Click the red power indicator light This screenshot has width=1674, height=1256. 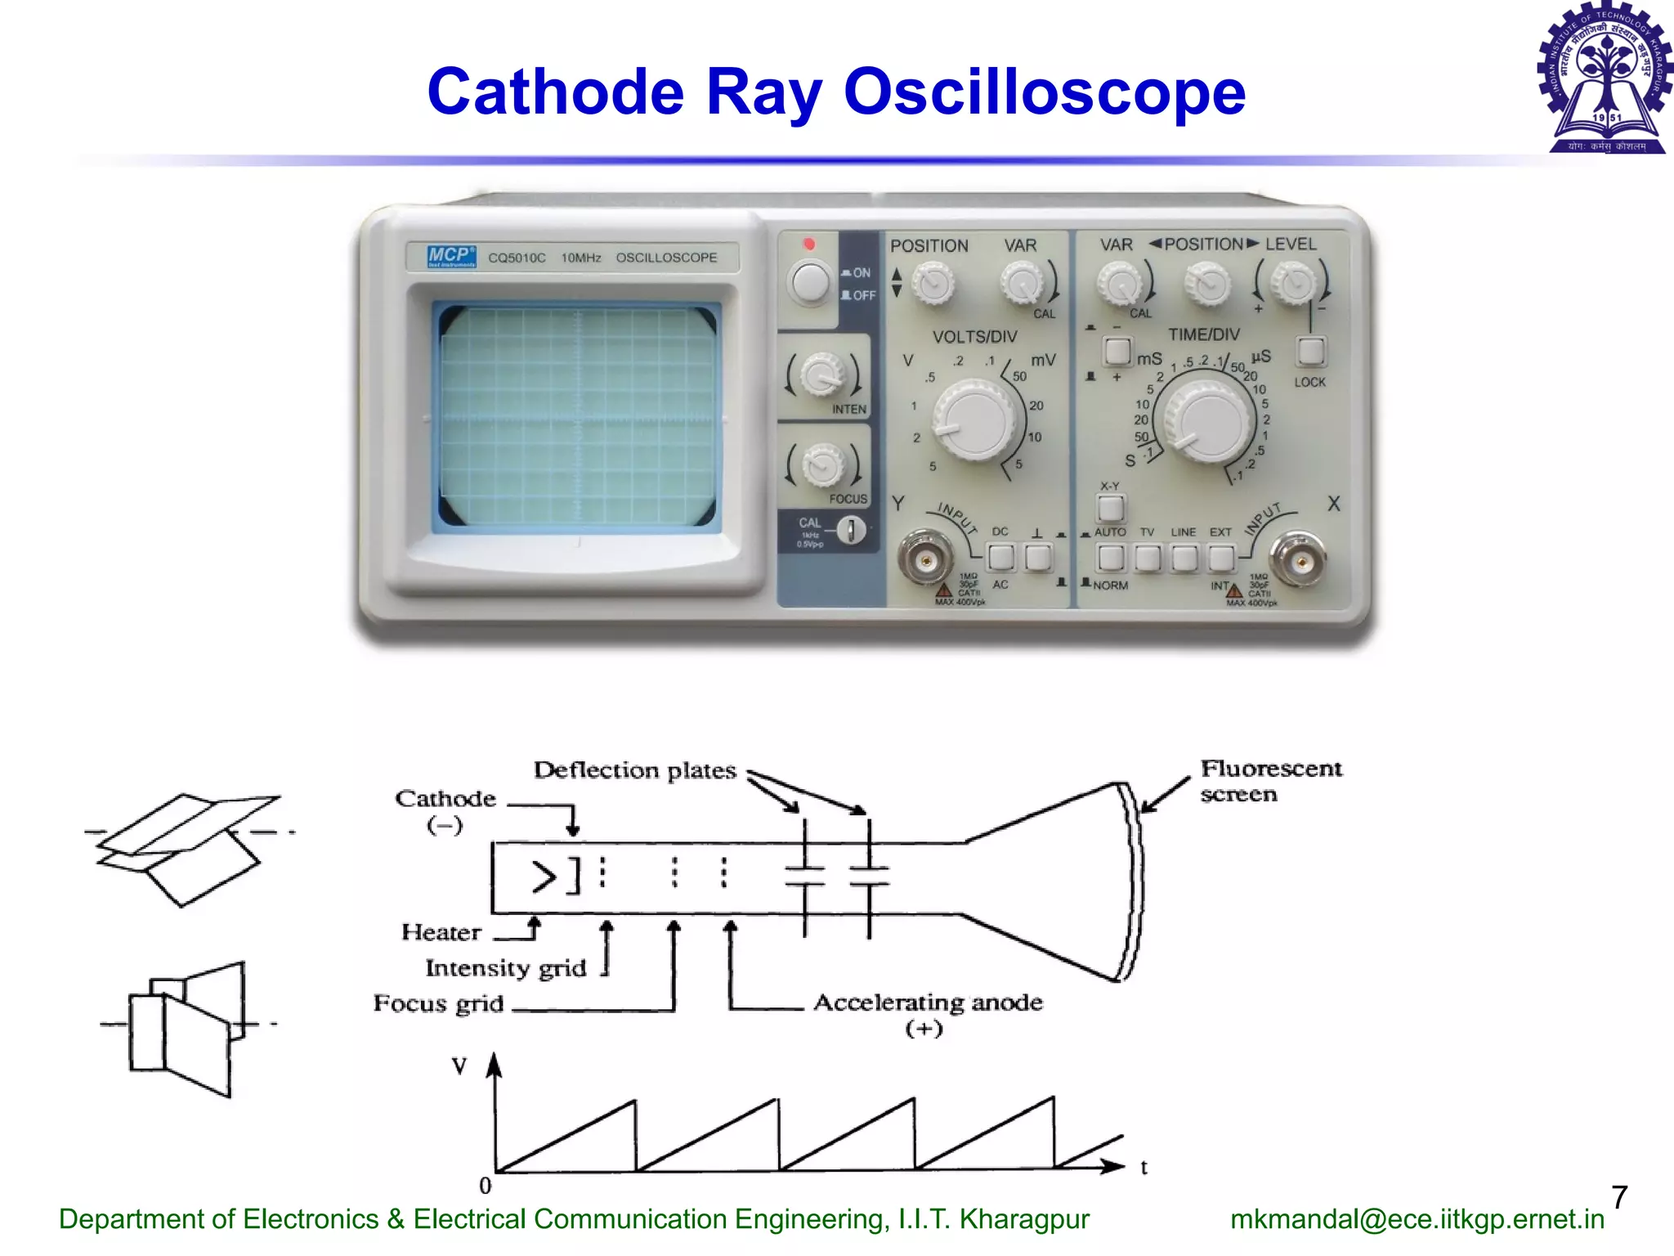tap(808, 244)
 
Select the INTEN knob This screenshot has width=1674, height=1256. tap(821, 375)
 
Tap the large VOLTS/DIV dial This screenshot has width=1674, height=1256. tap(978, 419)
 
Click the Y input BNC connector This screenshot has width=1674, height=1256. tap(925, 560)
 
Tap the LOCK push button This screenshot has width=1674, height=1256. tap(1310, 352)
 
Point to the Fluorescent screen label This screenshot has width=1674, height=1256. tap(1270, 781)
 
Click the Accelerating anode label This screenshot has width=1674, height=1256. tap(928, 1003)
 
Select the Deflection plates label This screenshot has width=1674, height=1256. tap(634, 770)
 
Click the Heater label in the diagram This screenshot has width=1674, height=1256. tap(441, 932)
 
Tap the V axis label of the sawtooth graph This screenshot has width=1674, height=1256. tap(459, 1066)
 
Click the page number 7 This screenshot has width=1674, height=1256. tap(1619, 1197)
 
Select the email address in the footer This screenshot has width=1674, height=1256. tap(1417, 1219)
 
